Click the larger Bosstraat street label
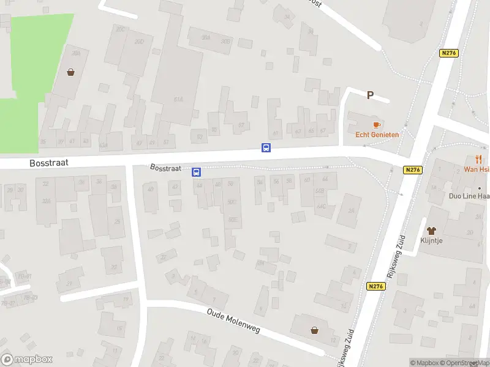click(48, 163)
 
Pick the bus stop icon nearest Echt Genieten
click(266, 148)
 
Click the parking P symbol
click(370, 95)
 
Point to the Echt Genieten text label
click(377, 135)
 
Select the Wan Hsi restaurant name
click(476, 169)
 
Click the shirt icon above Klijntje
click(431, 231)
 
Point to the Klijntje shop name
click(432, 241)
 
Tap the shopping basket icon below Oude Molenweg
click(315, 330)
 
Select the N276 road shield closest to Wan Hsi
click(413, 171)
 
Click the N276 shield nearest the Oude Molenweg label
click(376, 286)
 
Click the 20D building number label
click(139, 42)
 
